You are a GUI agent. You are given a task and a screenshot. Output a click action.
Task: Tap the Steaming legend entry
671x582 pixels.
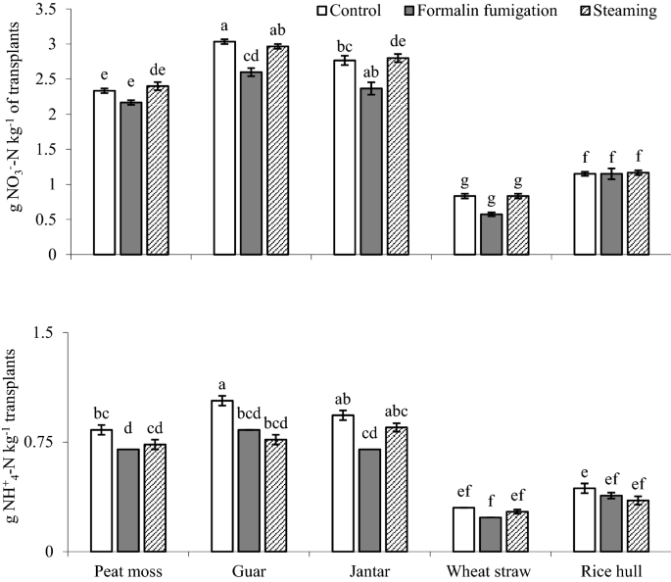click(621, 11)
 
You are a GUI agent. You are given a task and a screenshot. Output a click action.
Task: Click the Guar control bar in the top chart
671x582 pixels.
click(223, 148)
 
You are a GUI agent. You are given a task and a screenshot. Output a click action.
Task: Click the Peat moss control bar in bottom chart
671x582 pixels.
click(102, 490)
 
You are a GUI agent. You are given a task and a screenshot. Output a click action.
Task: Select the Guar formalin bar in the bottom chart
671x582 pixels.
click(249, 490)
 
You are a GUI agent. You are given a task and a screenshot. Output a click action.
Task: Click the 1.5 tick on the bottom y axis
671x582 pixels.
click(47, 333)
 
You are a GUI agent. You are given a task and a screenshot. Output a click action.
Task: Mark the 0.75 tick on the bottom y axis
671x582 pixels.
click(43, 443)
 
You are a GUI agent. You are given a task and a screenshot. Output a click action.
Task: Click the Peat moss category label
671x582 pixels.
click(127, 570)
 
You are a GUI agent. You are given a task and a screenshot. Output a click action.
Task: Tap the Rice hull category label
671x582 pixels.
click(611, 570)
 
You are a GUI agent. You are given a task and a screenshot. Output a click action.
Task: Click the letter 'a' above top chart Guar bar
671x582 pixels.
click(223, 26)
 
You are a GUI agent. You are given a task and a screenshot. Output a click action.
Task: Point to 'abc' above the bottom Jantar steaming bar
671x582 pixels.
click(399, 412)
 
